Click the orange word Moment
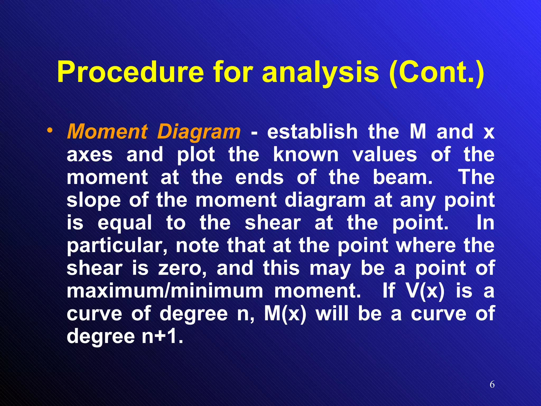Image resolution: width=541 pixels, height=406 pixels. [107, 132]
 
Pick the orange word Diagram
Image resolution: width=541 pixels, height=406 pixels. [199, 132]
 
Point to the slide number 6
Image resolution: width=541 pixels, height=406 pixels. [492, 385]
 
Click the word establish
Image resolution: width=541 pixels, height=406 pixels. [312, 132]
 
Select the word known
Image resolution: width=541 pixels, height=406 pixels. [306, 155]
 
